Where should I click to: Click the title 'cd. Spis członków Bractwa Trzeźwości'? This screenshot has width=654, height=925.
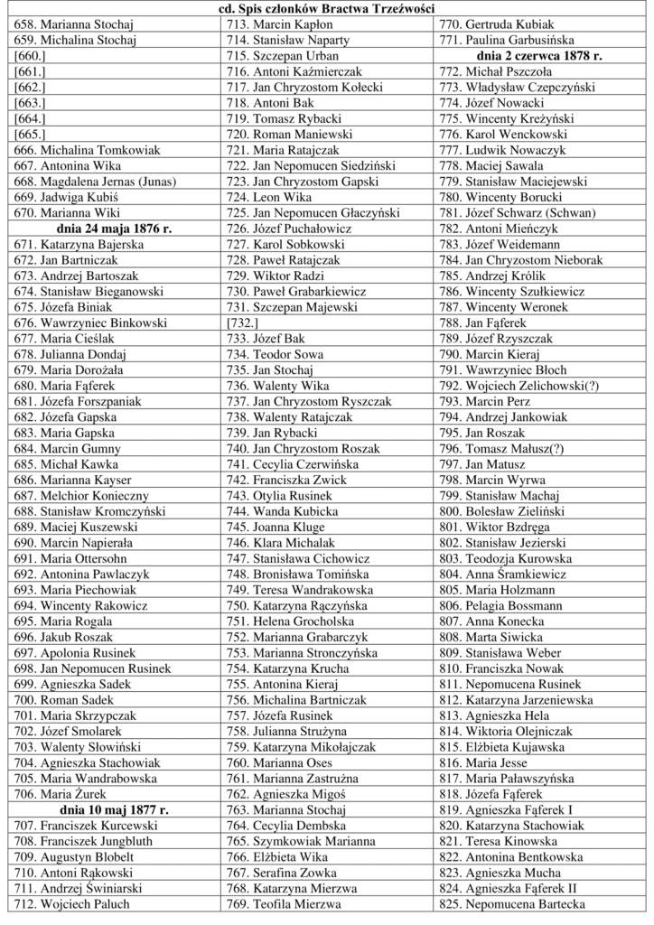click(x=327, y=9)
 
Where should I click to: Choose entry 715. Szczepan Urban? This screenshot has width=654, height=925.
click(x=276, y=55)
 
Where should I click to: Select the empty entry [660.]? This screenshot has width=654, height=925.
click(x=31, y=55)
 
